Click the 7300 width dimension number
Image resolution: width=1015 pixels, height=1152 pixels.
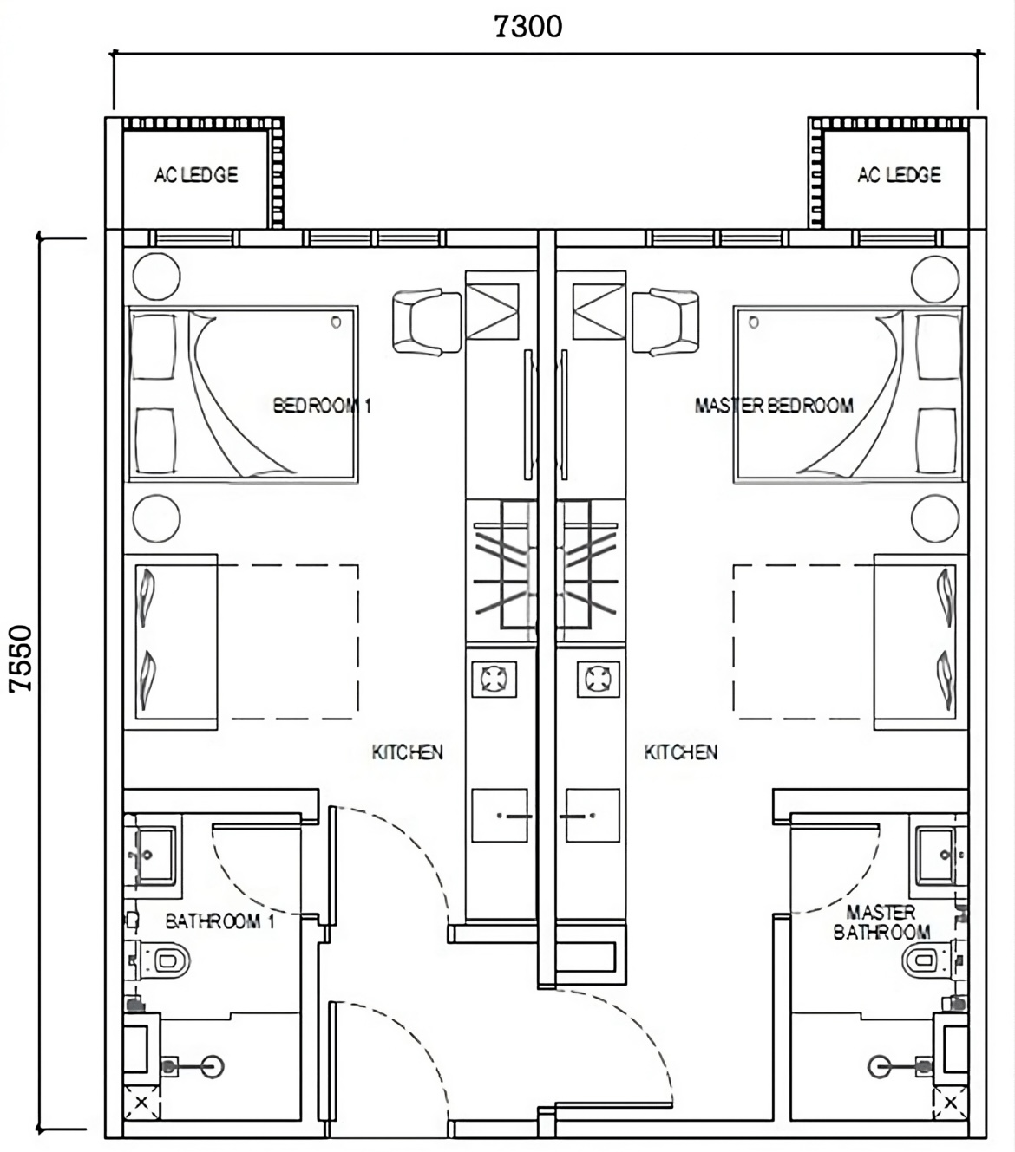[x=527, y=26]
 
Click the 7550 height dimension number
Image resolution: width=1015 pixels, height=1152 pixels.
[x=21, y=659]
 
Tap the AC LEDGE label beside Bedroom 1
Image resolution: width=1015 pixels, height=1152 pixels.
[x=196, y=174]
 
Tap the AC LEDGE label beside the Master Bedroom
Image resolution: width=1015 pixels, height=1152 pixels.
[x=899, y=174]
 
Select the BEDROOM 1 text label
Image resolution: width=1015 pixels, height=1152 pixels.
[x=322, y=406]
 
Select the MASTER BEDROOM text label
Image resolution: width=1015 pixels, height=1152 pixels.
[x=774, y=406]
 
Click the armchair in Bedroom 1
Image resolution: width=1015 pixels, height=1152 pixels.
[x=427, y=322]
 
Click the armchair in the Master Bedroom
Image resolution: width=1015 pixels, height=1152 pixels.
[x=665, y=322]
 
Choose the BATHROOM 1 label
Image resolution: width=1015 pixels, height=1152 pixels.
[x=220, y=921]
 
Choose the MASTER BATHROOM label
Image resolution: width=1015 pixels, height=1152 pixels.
[x=881, y=922]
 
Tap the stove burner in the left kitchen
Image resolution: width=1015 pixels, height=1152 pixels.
[x=494, y=679]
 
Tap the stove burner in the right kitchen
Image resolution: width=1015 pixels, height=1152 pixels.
[x=599, y=679]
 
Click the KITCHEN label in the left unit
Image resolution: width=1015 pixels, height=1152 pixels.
[x=408, y=752]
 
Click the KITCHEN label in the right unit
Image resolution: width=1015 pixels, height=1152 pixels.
[x=681, y=752]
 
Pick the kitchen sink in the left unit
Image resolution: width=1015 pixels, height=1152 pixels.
[x=499, y=816]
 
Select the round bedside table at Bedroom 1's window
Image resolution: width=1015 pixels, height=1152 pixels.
[x=156, y=277]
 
